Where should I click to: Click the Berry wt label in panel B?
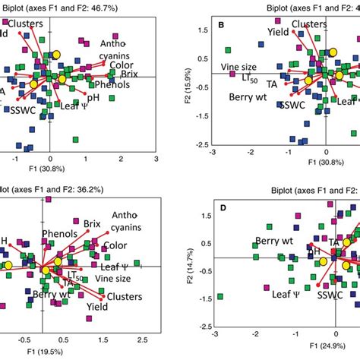click(251, 97)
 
